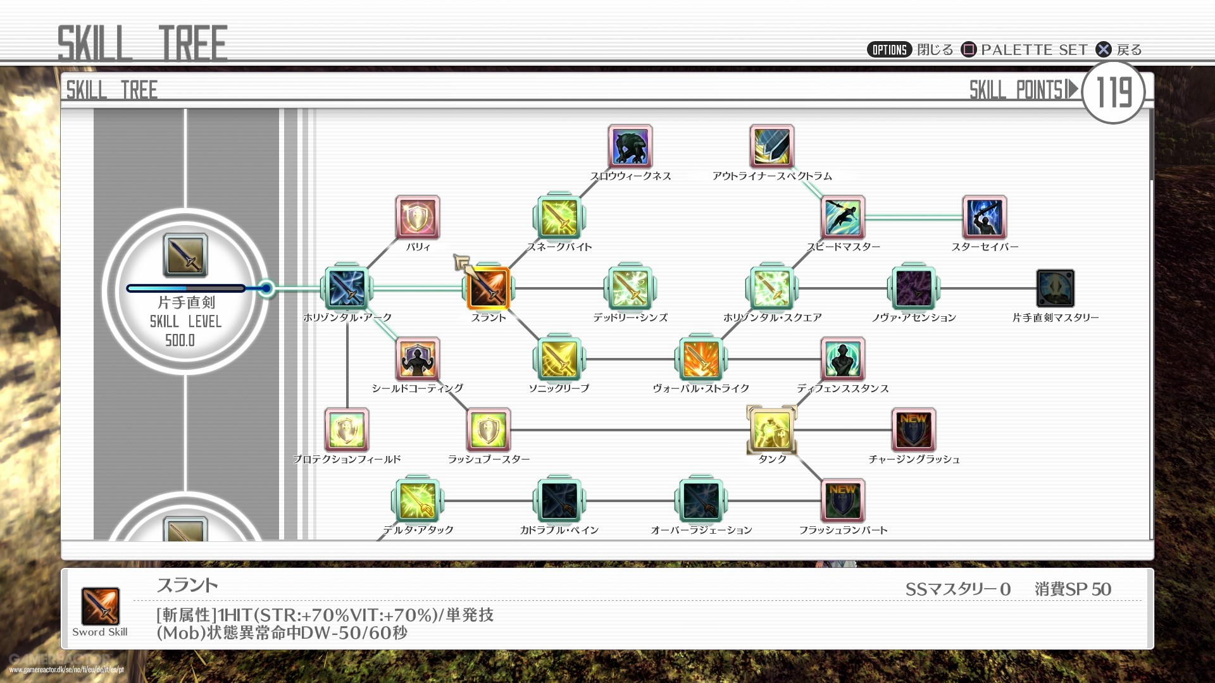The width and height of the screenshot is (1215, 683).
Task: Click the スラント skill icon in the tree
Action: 489,288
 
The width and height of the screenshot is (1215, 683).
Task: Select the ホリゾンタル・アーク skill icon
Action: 347,288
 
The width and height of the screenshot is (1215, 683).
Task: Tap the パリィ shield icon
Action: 418,218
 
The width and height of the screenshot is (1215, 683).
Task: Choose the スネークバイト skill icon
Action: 559,218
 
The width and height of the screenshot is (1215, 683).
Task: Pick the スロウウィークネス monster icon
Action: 630,147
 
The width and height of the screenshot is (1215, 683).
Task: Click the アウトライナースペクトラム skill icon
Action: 772,147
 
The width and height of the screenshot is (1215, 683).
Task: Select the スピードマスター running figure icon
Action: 843,218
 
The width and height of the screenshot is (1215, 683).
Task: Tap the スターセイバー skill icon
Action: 985,218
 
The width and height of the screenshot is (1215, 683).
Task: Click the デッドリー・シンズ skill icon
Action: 630,288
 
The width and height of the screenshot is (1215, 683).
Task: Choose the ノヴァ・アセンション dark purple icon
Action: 914,288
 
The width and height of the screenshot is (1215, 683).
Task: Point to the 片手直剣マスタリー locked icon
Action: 1056,288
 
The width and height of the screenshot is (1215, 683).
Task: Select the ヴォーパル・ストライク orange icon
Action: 701,359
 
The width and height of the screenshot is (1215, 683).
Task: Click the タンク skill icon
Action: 772,430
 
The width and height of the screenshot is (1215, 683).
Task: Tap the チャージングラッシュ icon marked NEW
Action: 914,430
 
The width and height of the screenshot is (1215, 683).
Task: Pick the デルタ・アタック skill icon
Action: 418,501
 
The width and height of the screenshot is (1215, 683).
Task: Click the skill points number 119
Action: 1114,92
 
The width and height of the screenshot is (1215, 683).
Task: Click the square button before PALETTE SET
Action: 969,49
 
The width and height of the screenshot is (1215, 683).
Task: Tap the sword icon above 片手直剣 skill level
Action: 185,255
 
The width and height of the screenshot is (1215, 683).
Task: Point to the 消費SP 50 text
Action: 1073,589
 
